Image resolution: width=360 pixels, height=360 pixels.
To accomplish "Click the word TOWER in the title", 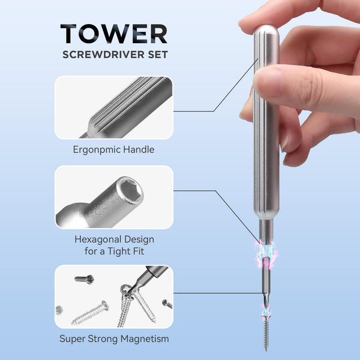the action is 114,34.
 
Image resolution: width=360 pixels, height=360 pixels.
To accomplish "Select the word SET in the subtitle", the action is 158,55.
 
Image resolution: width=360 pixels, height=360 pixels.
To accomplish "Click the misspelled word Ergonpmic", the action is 97,150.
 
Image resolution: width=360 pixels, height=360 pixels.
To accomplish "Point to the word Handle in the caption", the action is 139,149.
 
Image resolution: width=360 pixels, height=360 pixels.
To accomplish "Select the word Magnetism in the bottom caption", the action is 145,339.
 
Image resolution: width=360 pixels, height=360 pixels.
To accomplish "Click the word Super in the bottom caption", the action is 73,339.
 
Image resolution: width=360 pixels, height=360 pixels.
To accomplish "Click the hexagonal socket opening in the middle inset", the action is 130,190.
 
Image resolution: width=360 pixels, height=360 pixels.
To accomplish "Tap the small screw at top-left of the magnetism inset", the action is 84,279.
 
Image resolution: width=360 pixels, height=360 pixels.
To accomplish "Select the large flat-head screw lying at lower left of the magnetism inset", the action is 90,313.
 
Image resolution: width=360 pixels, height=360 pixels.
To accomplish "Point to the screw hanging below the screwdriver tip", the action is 266,334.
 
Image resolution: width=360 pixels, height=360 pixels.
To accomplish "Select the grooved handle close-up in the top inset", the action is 128,108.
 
